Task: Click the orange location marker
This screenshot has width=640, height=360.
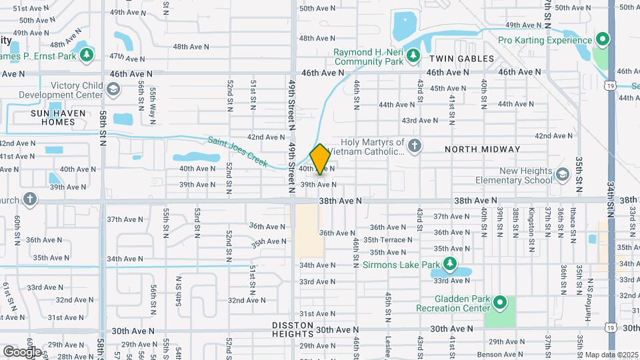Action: click(x=320, y=159)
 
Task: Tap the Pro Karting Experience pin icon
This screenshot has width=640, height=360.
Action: click(x=603, y=40)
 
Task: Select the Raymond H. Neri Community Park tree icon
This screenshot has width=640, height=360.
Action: click(x=413, y=55)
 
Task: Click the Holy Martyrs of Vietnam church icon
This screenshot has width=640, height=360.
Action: click(x=415, y=146)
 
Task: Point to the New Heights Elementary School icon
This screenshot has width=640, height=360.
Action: click(x=562, y=175)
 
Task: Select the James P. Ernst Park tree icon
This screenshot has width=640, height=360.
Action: click(x=85, y=55)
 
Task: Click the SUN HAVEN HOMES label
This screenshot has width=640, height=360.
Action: click(x=59, y=117)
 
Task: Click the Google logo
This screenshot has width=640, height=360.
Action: click(x=21, y=351)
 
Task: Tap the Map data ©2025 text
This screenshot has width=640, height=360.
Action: click(x=611, y=355)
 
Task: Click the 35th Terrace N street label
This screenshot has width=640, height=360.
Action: click(x=388, y=240)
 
